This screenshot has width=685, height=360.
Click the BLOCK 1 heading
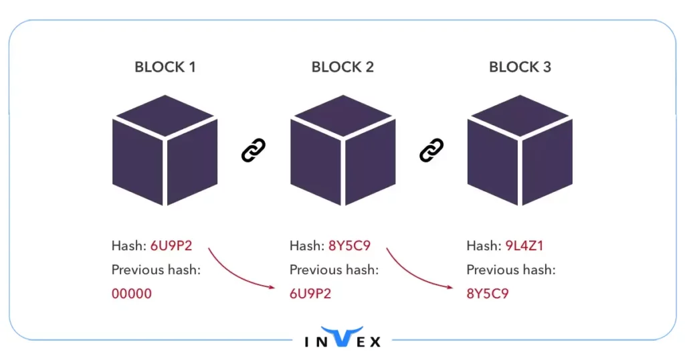[165, 67]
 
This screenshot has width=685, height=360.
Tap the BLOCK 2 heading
[342, 67]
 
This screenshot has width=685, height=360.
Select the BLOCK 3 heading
[520, 67]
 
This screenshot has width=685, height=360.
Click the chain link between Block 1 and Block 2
[254, 151]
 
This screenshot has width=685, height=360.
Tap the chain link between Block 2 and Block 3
[431, 151]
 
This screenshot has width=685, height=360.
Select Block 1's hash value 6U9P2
[171, 246]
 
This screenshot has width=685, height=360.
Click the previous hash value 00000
[132, 293]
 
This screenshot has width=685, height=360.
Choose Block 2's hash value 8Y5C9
[349, 246]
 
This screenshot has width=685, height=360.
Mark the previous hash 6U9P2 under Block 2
[310, 293]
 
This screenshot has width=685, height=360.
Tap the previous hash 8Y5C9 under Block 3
[487, 293]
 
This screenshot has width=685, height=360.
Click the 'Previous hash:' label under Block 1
[156, 270]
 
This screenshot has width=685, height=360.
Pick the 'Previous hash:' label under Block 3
[511, 270]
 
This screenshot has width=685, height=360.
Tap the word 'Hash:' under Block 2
[306, 246]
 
